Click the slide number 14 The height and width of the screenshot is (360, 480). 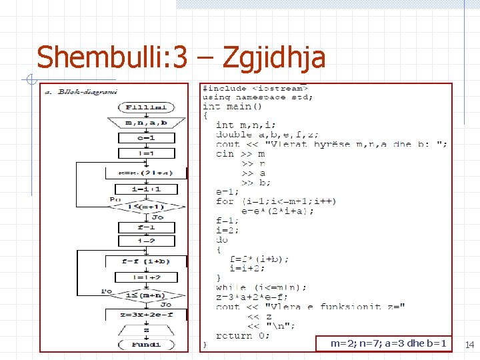tap(469, 345)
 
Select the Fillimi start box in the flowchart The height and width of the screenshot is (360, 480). tap(146, 107)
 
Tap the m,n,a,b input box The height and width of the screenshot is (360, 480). tap(146, 123)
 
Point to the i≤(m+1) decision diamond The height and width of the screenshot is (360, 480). tap(146, 207)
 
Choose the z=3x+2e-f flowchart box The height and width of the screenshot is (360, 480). tap(146, 313)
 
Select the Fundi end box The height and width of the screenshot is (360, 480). tap(146, 345)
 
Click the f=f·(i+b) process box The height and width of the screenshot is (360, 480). tap(146, 261)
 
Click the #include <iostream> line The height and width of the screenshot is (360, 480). tap(256, 88)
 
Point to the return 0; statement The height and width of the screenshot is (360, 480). tap(243, 335)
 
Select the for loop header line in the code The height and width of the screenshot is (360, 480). tap(276, 201)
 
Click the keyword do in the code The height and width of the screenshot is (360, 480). tap(222, 239)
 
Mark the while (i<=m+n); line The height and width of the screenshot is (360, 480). tap(261, 287)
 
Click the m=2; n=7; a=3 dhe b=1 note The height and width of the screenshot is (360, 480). tap(389, 343)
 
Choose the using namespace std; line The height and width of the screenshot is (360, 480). tap(257, 97)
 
